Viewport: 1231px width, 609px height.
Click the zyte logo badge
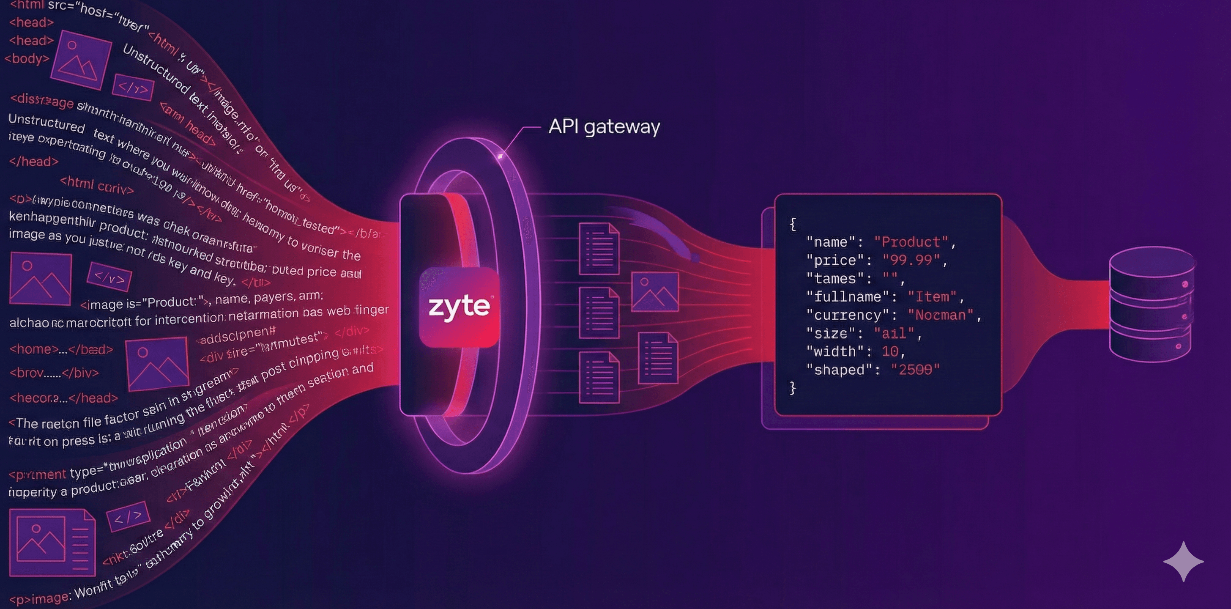[459, 307]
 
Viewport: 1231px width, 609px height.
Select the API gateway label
[604, 127]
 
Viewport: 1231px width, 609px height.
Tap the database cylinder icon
[1151, 304]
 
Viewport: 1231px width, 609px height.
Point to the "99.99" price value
[911, 261]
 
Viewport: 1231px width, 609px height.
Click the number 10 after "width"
[890, 352]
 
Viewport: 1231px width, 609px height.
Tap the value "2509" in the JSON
[915, 370]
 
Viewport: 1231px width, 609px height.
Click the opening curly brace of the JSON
[793, 224]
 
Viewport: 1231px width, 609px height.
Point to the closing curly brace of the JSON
[793, 388]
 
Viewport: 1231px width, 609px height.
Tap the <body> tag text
[27, 59]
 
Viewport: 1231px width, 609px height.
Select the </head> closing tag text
[33, 162]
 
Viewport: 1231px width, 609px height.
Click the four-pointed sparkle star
[1183, 562]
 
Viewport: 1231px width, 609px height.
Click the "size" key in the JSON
[831, 334]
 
